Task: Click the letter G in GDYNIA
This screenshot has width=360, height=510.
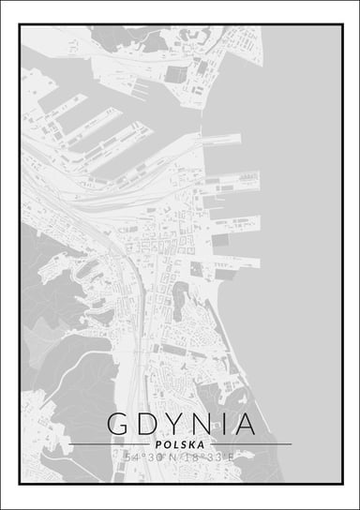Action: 119,424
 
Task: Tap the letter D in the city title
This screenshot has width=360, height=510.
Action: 149,424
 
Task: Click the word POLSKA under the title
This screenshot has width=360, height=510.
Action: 180,444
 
